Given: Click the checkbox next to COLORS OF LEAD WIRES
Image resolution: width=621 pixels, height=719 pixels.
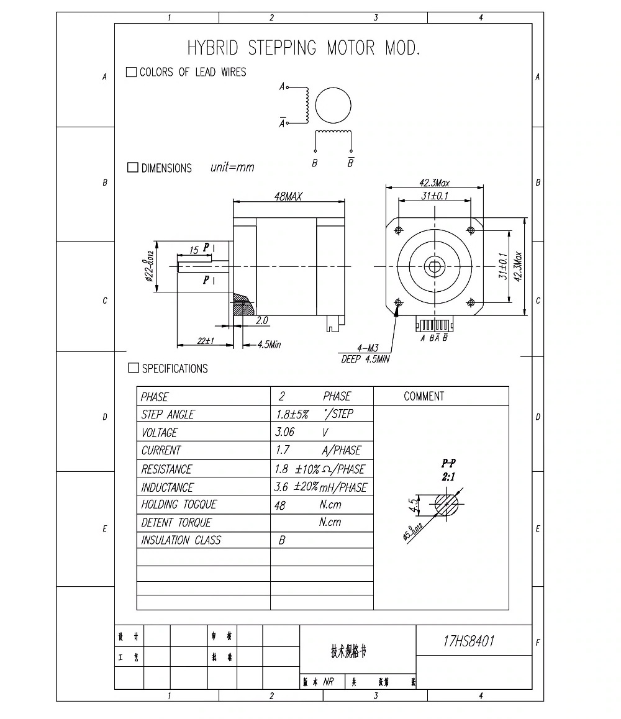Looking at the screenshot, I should [x=131, y=72].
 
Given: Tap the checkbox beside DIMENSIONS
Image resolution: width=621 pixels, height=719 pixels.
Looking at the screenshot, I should [x=132, y=168].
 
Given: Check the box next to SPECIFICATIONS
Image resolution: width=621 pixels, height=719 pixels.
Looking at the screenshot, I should [x=133, y=368].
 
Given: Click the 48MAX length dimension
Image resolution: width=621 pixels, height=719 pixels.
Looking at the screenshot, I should [x=288, y=197].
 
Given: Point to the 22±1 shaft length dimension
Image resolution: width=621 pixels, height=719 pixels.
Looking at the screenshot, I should [x=206, y=340].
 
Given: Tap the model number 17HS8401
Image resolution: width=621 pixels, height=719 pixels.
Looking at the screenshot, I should [x=469, y=641].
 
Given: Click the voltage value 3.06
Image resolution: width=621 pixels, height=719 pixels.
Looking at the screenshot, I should [x=284, y=432].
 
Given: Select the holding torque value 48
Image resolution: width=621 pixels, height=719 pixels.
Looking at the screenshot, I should [x=279, y=505].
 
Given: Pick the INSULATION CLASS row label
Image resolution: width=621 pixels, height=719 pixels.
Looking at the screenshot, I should [x=181, y=540].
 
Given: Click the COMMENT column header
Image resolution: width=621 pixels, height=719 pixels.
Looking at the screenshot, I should [x=424, y=396].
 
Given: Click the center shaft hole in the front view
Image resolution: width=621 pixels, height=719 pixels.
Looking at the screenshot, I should [x=433, y=266].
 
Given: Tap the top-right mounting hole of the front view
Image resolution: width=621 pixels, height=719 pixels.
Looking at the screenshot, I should [x=470, y=230].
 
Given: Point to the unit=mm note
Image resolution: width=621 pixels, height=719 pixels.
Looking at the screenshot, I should [x=232, y=168].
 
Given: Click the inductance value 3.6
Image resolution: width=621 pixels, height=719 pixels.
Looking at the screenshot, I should [x=281, y=487].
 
